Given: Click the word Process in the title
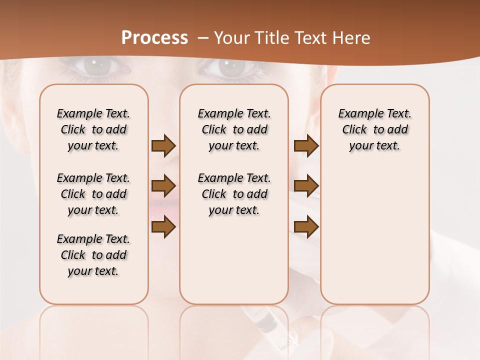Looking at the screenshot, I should pos(154,38).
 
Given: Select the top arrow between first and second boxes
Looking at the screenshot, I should pos(163,146).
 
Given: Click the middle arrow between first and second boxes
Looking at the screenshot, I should pos(163,186).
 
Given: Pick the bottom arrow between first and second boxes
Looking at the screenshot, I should pos(163,227).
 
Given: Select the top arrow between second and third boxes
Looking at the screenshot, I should pos(306,146).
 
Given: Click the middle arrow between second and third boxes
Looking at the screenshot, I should pos(306,186).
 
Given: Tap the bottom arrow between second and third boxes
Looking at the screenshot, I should pos(306,227).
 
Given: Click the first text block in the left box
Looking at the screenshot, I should pos(93,129).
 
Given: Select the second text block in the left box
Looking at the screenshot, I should pos(93,194).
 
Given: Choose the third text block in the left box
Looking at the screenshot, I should pos(93,255).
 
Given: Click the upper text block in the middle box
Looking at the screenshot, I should pos(234,129).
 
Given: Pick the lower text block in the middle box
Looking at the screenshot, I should pos(234,194).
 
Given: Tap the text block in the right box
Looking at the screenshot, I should pos(375,129).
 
